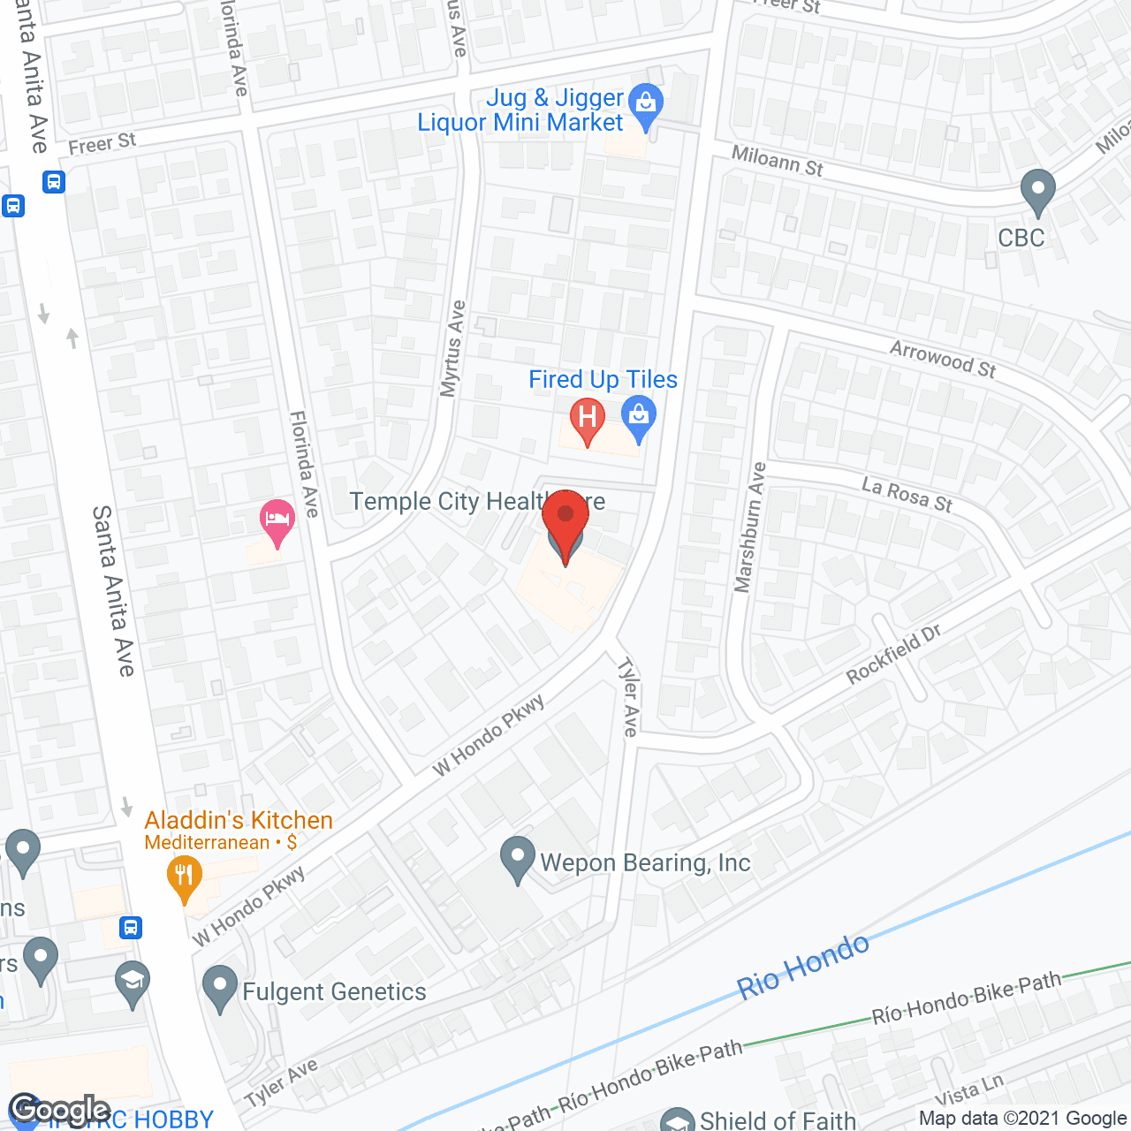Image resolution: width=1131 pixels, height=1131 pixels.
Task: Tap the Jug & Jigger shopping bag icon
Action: click(x=647, y=104)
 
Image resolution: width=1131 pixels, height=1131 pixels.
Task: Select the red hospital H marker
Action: click(x=588, y=418)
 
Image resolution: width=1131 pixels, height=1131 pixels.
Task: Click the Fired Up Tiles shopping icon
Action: click(x=639, y=416)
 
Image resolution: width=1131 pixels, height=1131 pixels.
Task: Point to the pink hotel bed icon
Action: click(x=277, y=519)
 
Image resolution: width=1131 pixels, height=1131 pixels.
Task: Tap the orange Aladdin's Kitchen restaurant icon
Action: click(x=184, y=877)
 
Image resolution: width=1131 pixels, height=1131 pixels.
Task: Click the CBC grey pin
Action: click(x=1037, y=190)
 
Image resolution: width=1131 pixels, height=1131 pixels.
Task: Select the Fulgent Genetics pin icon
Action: click(x=220, y=987)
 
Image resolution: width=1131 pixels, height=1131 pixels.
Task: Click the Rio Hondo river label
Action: click(x=803, y=967)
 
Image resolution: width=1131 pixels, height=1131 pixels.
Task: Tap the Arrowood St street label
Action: click(x=943, y=360)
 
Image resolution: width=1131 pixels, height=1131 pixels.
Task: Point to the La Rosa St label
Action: click(x=907, y=495)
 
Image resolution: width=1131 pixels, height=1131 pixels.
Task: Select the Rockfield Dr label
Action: click(x=893, y=655)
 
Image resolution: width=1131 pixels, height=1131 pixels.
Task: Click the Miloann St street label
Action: click(x=778, y=161)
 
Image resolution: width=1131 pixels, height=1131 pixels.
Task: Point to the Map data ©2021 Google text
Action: click(x=1022, y=1119)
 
